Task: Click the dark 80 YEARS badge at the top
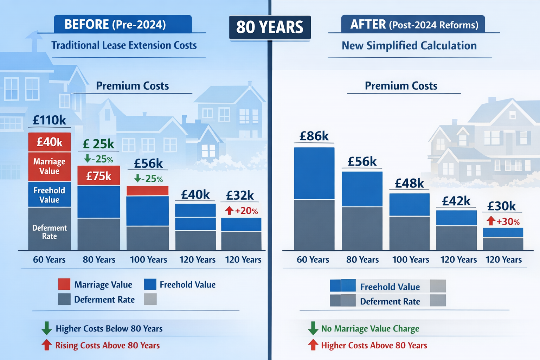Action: click(270, 27)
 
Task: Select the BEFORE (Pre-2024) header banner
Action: click(123, 24)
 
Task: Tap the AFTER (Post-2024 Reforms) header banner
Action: click(413, 24)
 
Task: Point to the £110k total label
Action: click(49, 120)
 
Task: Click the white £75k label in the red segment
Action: click(99, 176)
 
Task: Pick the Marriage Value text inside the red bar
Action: click(49, 166)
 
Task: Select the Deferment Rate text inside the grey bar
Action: click(50, 232)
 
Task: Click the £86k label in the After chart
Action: click(314, 136)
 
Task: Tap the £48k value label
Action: click(409, 183)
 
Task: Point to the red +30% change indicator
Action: click(503, 221)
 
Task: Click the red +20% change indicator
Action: click(242, 211)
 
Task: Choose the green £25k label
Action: click(98, 144)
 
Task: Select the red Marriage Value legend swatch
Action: click(64, 284)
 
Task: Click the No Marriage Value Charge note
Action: click(370, 329)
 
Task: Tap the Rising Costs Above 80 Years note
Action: click(107, 345)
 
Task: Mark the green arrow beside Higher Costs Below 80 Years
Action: click(46, 328)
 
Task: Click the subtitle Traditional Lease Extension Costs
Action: click(124, 45)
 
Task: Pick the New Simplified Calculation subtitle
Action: click(409, 46)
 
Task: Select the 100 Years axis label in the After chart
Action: click(411, 260)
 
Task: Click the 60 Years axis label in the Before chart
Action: click(49, 260)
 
